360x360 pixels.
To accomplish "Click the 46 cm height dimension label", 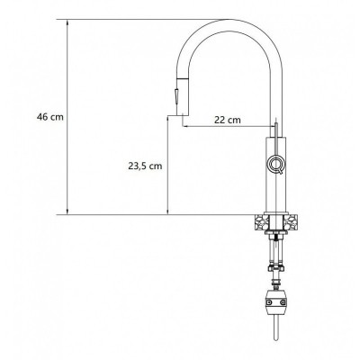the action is coord(50,117).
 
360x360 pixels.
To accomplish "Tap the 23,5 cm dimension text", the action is coord(145,166).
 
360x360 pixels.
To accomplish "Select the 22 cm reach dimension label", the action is coord(228,120).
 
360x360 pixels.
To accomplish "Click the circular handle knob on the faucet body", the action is coord(275,164).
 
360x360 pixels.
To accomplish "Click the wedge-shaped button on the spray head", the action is coord(176,97).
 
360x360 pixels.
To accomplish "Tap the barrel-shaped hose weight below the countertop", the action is coord(276,302).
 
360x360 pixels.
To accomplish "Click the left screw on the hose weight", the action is coord(270,302).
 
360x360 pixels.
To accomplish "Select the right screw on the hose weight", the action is coord(283,302).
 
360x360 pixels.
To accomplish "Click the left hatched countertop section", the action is coord(261,222).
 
